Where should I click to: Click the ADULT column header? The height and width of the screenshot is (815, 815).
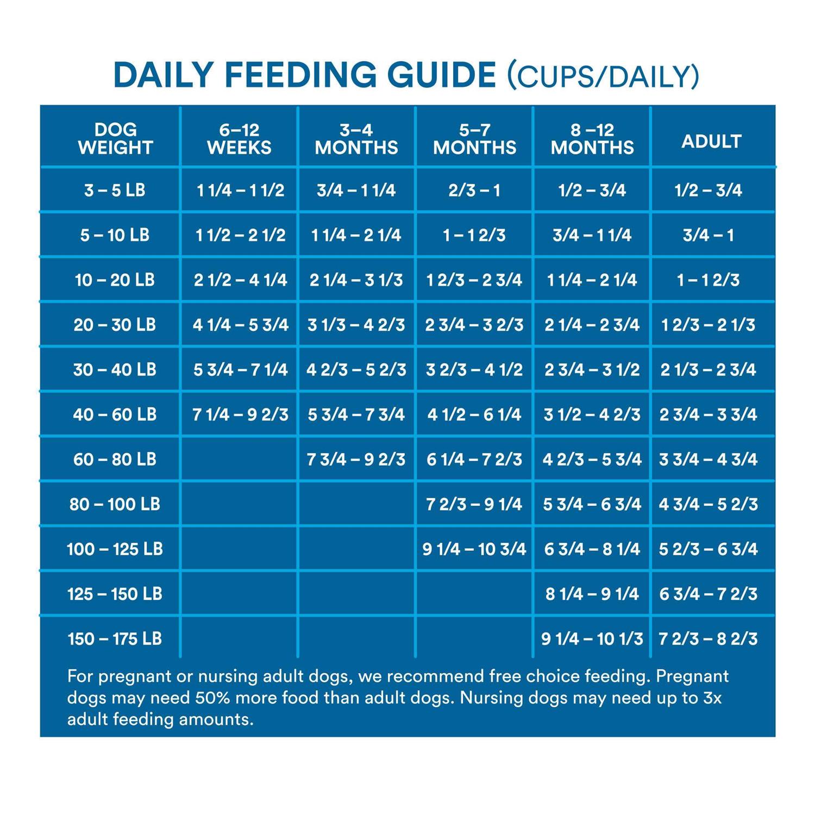pos(711,141)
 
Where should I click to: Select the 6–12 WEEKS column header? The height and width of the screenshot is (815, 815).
pos(239,139)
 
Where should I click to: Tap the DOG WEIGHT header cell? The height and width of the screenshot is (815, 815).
pos(115,139)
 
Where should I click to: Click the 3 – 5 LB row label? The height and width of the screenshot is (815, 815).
pos(115,190)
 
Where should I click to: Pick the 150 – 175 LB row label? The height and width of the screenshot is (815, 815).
pos(115,638)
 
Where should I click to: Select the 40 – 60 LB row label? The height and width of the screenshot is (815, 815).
pos(115,415)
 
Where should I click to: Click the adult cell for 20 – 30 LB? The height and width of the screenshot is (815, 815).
pos(708,325)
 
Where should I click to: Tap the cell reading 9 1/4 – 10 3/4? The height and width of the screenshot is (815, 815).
pos(474,549)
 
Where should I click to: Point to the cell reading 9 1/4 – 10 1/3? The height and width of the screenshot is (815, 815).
pos(592,638)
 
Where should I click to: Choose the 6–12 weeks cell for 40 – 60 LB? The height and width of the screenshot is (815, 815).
pos(240,415)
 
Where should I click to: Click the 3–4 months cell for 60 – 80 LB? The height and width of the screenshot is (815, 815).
pos(356,460)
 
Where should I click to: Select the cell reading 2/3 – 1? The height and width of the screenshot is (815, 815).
pos(474,190)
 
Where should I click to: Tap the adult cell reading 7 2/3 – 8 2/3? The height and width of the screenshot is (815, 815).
pos(708,638)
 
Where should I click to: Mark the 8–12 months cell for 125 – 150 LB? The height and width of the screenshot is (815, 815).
pos(592,594)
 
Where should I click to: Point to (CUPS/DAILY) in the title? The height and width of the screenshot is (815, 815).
pos(603,76)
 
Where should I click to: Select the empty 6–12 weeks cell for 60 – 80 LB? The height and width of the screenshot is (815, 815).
pos(239,460)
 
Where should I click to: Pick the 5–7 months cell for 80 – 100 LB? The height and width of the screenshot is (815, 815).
pos(474,504)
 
